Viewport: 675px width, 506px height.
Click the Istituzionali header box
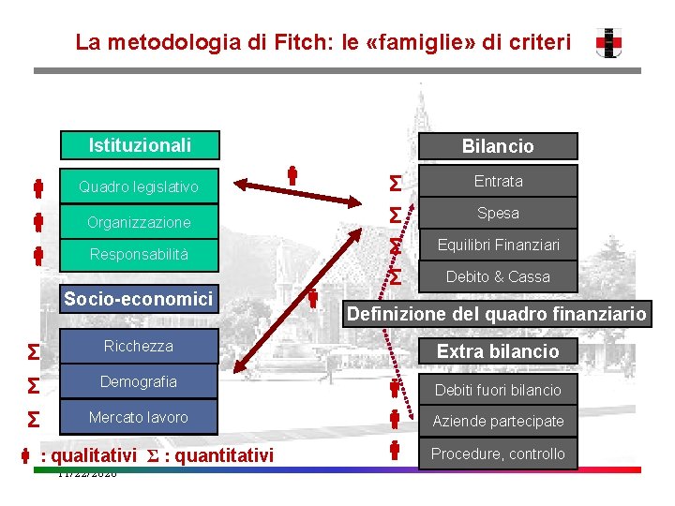tap(139, 145)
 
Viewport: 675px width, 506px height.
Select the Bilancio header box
tap(498, 146)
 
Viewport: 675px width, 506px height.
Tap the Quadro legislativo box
tap(139, 187)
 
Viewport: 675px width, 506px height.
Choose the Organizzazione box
tap(139, 222)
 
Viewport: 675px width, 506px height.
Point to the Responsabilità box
tap(139, 254)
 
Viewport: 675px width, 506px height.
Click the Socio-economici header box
tap(138, 299)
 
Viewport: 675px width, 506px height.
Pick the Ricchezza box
tap(139, 347)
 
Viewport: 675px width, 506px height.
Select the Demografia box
tap(139, 382)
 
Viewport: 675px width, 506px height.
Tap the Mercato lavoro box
tap(139, 417)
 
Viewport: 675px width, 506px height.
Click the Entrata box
tap(498, 181)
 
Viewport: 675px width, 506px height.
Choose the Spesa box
tap(498, 213)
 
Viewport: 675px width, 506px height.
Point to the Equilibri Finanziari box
tap(498, 246)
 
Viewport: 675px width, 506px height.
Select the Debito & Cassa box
tap(498, 276)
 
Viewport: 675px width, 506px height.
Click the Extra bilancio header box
tap(498, 351)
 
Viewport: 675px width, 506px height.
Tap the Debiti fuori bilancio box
tap(498, 390)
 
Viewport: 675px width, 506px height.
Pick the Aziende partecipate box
tap(498, 422)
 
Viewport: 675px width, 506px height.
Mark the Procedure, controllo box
tap(498, 454)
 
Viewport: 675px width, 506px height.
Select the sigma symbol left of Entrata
tap(396, 181)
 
